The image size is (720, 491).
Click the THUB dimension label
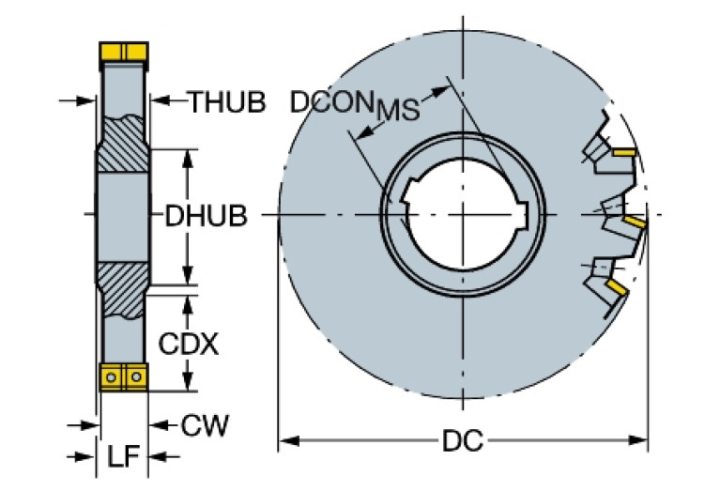[226, 101]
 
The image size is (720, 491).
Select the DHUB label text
[206, 217]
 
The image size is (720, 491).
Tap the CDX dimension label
[188, 345]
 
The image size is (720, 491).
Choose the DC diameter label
[464, 440]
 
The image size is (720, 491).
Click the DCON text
[331, 101]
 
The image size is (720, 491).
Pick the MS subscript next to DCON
[397, 110]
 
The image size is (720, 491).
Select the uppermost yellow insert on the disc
[624, 151]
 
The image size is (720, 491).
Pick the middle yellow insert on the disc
[636, 223]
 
